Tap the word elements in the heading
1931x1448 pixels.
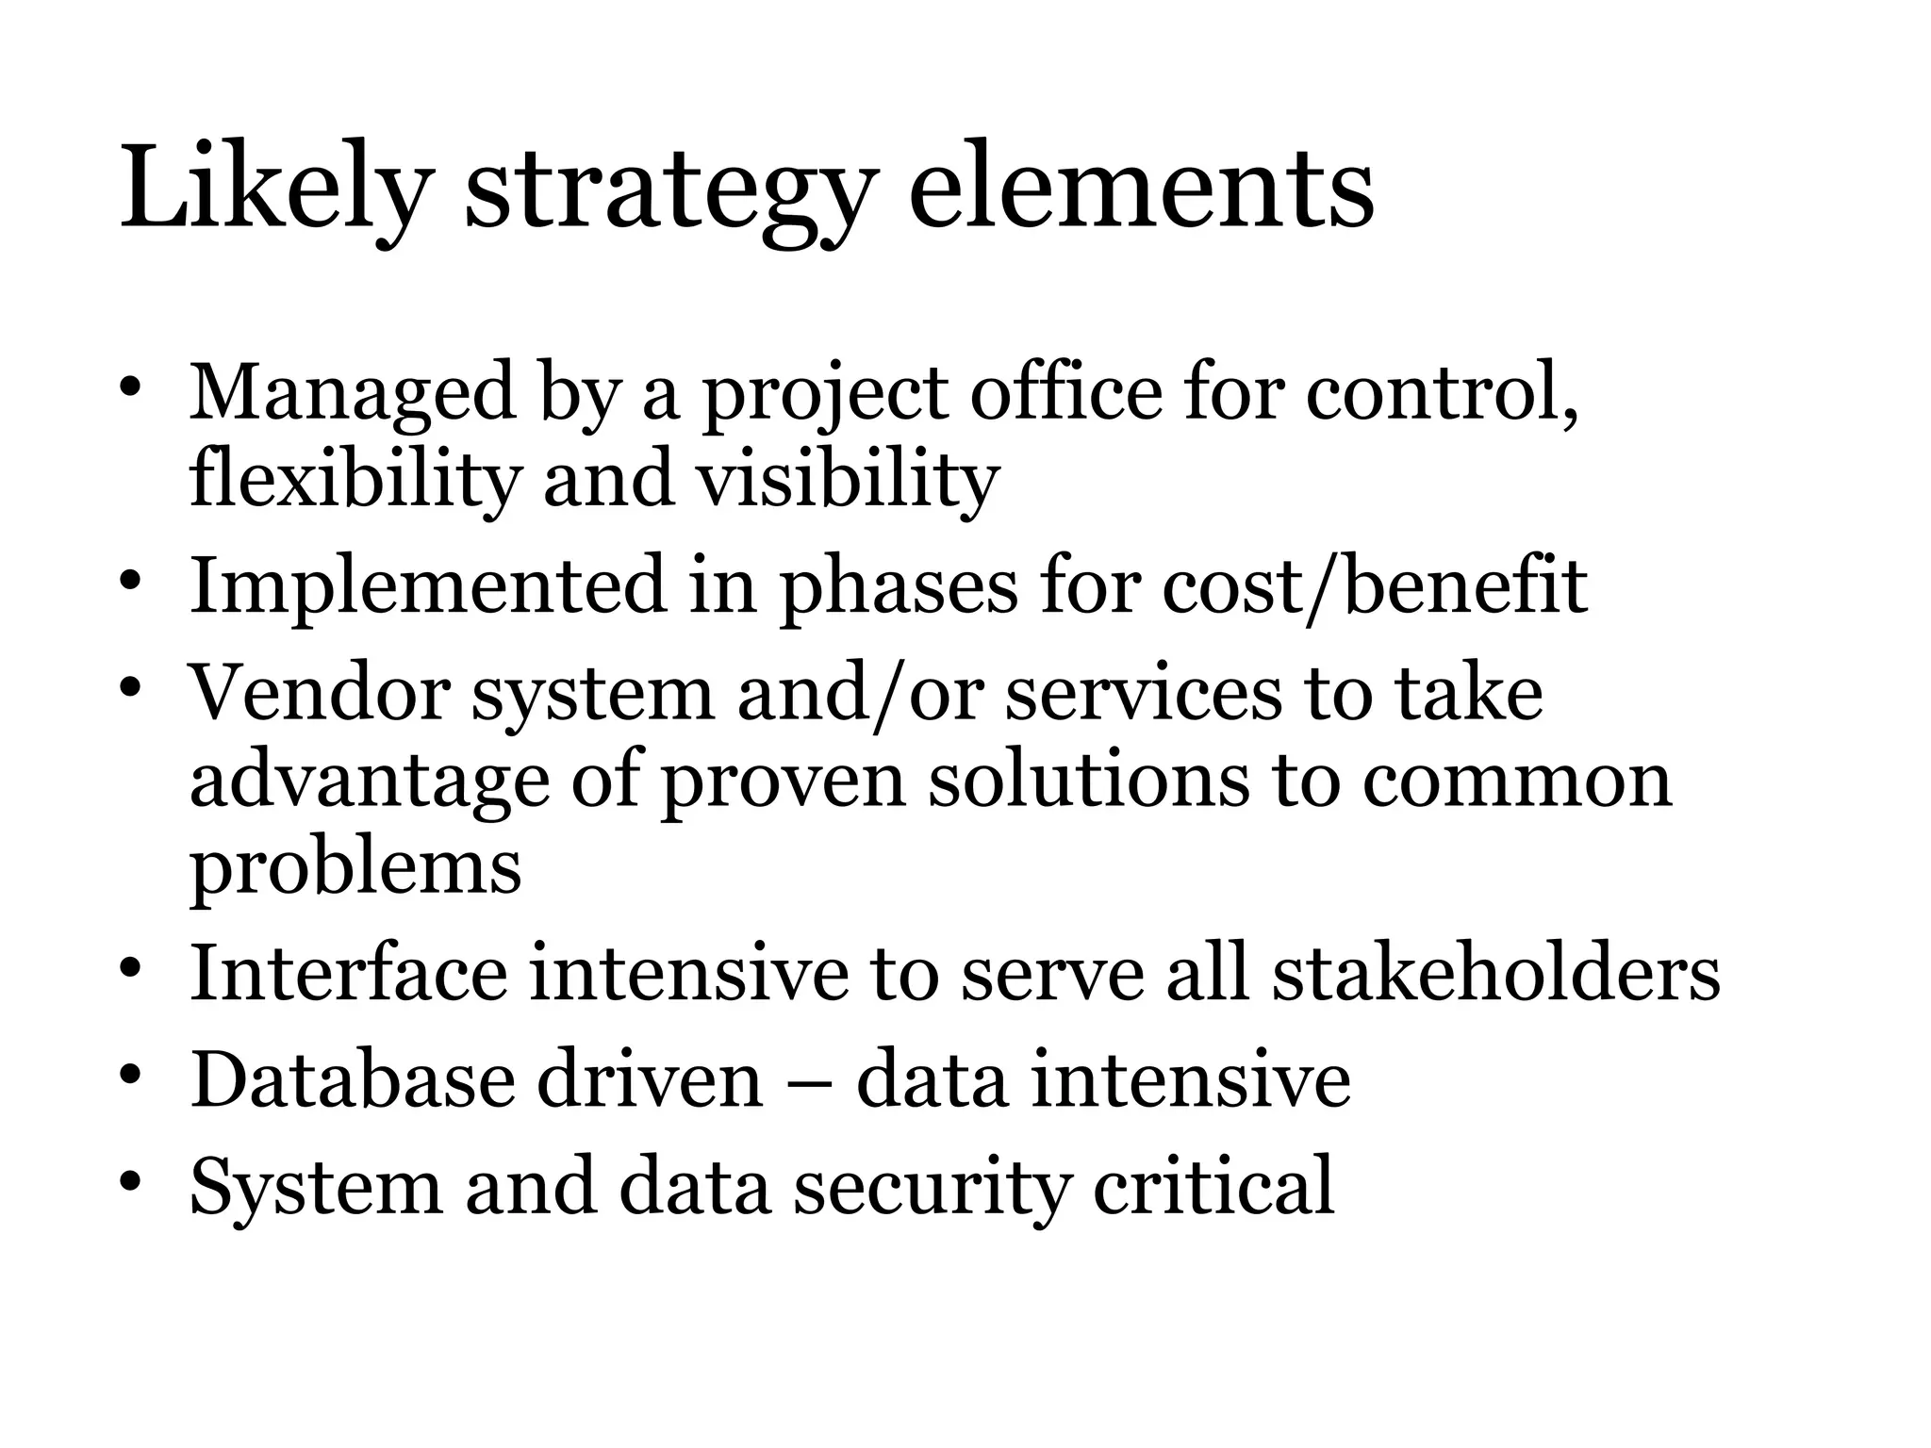1141,189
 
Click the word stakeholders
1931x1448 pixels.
1496,972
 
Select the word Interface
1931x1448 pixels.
349,972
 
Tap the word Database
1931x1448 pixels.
353,1079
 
